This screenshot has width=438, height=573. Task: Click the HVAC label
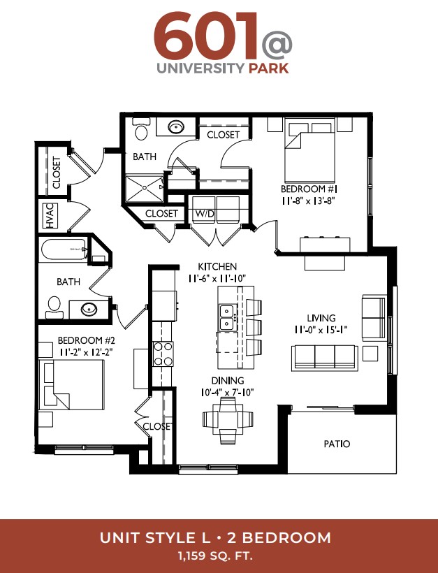point(50,216)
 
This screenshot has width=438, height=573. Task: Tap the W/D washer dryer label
point(204,213)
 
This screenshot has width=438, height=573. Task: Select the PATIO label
point(337,444)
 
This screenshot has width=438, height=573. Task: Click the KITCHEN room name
point(217,266)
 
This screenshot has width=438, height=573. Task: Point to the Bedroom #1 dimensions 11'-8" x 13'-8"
point(308,201)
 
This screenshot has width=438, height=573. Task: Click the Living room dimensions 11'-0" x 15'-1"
point(321,330)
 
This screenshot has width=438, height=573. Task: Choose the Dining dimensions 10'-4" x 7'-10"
point(227,393)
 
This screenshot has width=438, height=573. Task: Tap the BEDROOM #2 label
point(86,340)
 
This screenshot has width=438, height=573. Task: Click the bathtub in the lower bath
point(64,249)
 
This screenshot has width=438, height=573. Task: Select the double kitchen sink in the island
point(227,317)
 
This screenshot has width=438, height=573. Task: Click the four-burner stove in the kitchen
point(163,354)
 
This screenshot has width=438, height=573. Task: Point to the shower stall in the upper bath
point(145,188)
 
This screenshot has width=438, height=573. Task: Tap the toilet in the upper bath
point(140,129)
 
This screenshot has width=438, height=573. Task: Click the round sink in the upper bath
point(176,127)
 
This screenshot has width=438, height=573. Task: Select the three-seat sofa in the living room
point(324,357)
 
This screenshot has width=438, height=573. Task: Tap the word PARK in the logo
point(268,68)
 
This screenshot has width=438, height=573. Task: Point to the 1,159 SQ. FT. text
point(215,556)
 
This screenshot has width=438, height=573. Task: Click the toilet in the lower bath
point(54,307)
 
